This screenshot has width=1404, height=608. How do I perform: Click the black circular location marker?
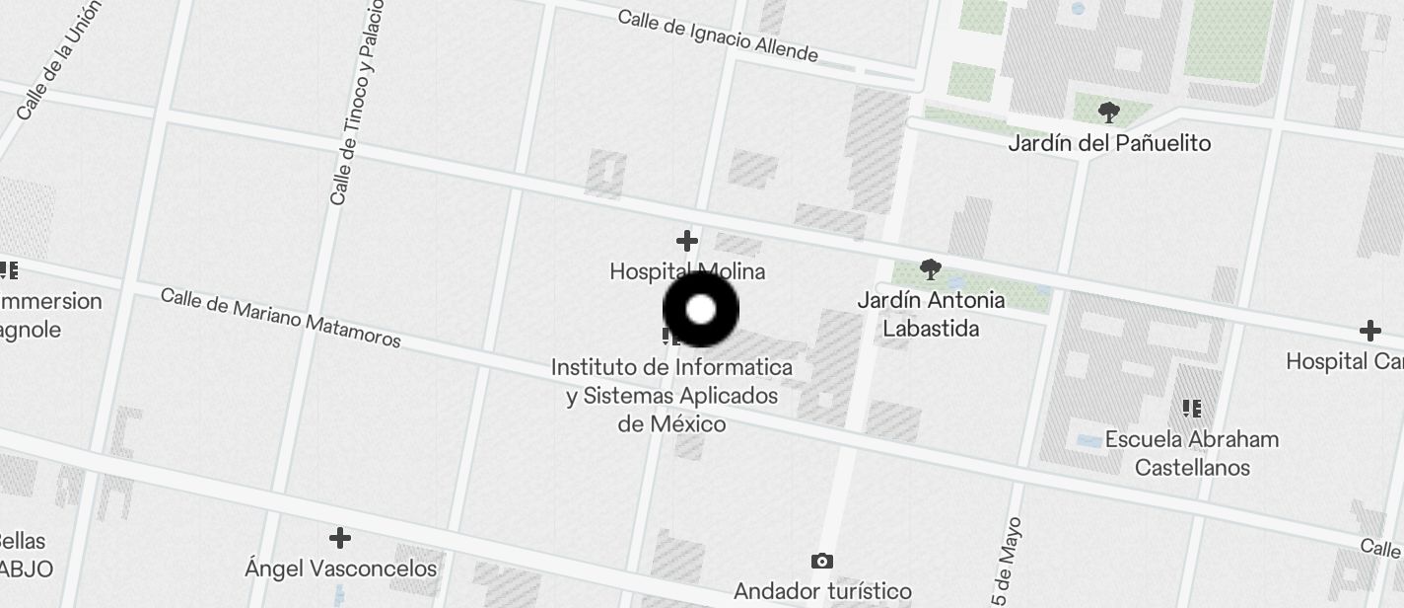pos(700,310)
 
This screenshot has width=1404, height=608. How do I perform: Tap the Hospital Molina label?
pos(687,270)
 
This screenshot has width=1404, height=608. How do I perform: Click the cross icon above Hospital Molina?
pos(687,241)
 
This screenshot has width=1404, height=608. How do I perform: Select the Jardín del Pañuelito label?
pos(1109,143)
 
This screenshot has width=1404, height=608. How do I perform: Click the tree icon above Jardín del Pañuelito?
pos(1109,113)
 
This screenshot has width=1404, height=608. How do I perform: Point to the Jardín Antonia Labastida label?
pos(931,314)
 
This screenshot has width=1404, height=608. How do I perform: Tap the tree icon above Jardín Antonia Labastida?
pos(930,268)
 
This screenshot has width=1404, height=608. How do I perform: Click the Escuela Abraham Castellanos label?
pos(1192,453)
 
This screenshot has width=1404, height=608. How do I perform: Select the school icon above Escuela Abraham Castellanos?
pos(1192,408)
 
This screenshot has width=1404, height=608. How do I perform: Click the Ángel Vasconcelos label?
pos(340,569)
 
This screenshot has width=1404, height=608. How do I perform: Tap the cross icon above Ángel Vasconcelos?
pos(340,538)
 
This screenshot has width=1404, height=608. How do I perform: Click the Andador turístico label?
pos(822,591)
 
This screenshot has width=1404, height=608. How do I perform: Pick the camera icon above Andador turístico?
pos(821,562)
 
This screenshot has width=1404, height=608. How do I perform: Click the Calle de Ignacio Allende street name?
pos(718,35)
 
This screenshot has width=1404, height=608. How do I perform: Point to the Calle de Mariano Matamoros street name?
pos(280,317)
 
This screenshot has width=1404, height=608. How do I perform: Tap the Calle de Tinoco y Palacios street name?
pos(356,104)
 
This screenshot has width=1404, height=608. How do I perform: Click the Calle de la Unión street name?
pos(59,60)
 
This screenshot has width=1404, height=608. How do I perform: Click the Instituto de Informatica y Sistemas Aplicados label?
pos(671,395)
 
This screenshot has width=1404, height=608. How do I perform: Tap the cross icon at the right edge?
pos(1369,331)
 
